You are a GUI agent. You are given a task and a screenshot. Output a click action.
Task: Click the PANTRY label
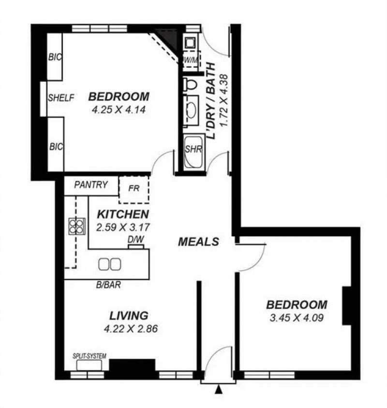click(91, 185)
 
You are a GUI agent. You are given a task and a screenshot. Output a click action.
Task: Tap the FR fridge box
click(134, 189)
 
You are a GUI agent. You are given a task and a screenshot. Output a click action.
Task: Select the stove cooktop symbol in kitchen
click(77, 226)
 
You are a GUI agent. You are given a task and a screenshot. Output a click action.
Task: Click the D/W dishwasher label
click(136, 240)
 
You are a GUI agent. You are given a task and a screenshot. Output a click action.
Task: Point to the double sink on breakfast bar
click(109, 264)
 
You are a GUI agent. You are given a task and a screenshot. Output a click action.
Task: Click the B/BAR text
click(108, 285)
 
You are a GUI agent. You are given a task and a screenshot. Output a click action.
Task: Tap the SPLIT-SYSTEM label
click(89, 356)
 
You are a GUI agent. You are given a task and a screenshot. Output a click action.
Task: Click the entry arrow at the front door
click(219, 390)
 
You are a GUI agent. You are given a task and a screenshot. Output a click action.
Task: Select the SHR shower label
click(193, 150)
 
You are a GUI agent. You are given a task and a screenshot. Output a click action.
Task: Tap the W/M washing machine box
click(192, 60)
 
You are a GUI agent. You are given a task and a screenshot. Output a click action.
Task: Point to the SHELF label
click(61, 98)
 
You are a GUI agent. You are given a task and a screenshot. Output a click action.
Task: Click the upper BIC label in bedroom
click(55, 57)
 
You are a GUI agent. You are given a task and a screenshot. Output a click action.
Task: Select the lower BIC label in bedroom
click(56, 147)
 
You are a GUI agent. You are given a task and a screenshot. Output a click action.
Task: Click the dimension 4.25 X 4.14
click(119, 109)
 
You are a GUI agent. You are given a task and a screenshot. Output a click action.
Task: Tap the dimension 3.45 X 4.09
click(297, 317)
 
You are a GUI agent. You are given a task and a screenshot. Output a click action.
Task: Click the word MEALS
click(198, 242)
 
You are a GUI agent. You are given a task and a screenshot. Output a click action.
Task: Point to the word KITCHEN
click(123, 214)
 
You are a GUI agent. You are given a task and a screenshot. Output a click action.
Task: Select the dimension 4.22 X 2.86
click(131, 329)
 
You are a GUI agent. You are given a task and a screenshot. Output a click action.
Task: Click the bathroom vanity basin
click(191, 110)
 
